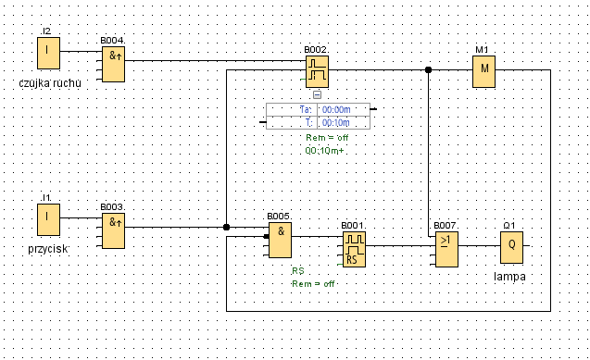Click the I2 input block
coord(48,53)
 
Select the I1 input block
coord(48,220)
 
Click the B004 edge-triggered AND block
coord(113,64)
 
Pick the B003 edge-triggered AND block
coord(113,230)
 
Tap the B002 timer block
coord(317,71)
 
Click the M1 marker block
coord(483,71)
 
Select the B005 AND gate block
coord(280,240)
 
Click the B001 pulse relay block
coord(354,250)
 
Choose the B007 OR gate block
coord(446,250)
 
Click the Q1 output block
coord(511,248)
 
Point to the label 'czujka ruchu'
coord(50,83)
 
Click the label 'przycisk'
coord(48,249)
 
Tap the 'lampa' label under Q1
coord(509,277)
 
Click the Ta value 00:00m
coord(336,110)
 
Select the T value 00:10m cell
coord(336,122)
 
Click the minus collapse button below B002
coord(317,95)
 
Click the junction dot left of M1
coord(428,70)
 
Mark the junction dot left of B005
coord(226,227)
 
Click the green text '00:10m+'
coord(324,151)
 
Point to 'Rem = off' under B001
coord(313,284)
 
